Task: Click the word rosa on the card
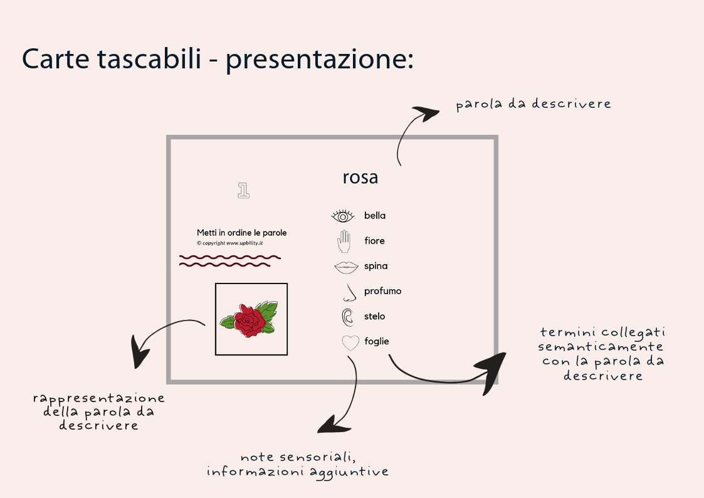[x=360, y=177]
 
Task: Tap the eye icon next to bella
[x=343, y=216]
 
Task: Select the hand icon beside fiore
[x=343, y=241]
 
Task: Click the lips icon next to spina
[x=345, y=267]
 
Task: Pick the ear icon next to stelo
[x=347, y=317]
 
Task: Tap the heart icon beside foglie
[x=350, y=342]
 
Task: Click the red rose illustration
[x=250, y=320]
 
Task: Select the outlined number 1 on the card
[x=244, y=191]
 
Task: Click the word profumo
[x=382, y=291]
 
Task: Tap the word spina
[x=376, y=266]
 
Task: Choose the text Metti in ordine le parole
[x=241, y=233]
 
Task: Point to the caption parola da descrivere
[x=533, y=104]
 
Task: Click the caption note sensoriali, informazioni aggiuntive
[x=298, y=464]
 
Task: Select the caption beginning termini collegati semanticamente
[x=602, y=354]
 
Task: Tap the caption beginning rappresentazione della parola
[x=98, y=411]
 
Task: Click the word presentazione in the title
[x=318, y=60]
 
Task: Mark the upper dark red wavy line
[x=229, y=257]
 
